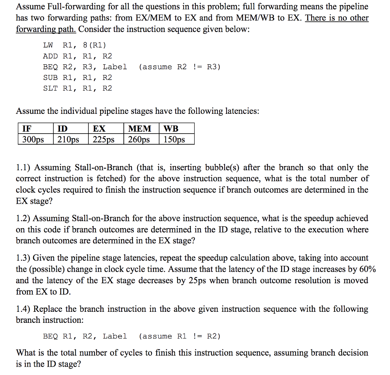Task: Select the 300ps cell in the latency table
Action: [33, 139]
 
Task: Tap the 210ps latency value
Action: [68, 139]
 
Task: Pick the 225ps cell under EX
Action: [104, 139]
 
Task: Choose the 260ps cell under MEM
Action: [139, 139]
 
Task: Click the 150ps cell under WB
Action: [174, 139]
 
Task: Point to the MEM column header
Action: [139, 128]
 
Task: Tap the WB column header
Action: [171, 128]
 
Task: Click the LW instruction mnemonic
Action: [48, 45]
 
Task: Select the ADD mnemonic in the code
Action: [50, 56]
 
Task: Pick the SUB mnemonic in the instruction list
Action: [50, 78]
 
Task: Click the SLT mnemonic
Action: [50, 88]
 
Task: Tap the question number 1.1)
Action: [24, 168]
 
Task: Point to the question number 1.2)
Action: [24, 219]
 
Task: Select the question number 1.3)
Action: [24, 258]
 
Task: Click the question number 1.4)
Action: [24, 309]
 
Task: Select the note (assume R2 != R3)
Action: [180, 67]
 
